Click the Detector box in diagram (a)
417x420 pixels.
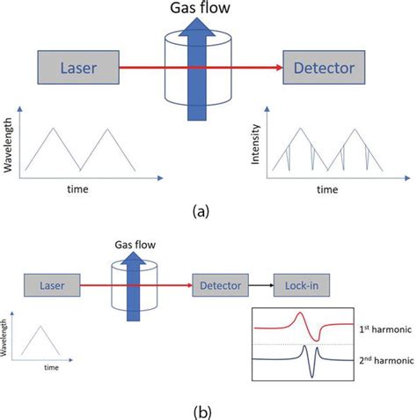click(322, 67)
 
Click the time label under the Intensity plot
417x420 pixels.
click(327, 188)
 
